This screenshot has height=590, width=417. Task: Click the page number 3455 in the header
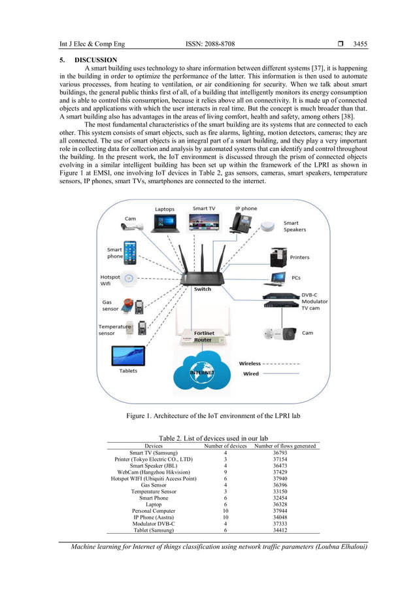(x=359, y=44)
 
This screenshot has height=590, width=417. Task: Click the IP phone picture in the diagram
(x=246, y=222)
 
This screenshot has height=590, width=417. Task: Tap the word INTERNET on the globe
(x=202, y=372)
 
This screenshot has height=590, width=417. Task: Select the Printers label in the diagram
(x=300, y=257)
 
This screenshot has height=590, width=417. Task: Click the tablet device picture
(x=128, y=356)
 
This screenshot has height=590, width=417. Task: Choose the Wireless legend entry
(x=250, y=363)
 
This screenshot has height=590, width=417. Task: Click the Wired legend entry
(x=250, y=374)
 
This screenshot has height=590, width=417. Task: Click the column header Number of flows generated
(x=286, y=445)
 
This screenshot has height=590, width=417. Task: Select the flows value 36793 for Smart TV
(x=286, y=453)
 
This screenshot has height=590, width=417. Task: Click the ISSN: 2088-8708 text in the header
(x=210, y=44)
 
